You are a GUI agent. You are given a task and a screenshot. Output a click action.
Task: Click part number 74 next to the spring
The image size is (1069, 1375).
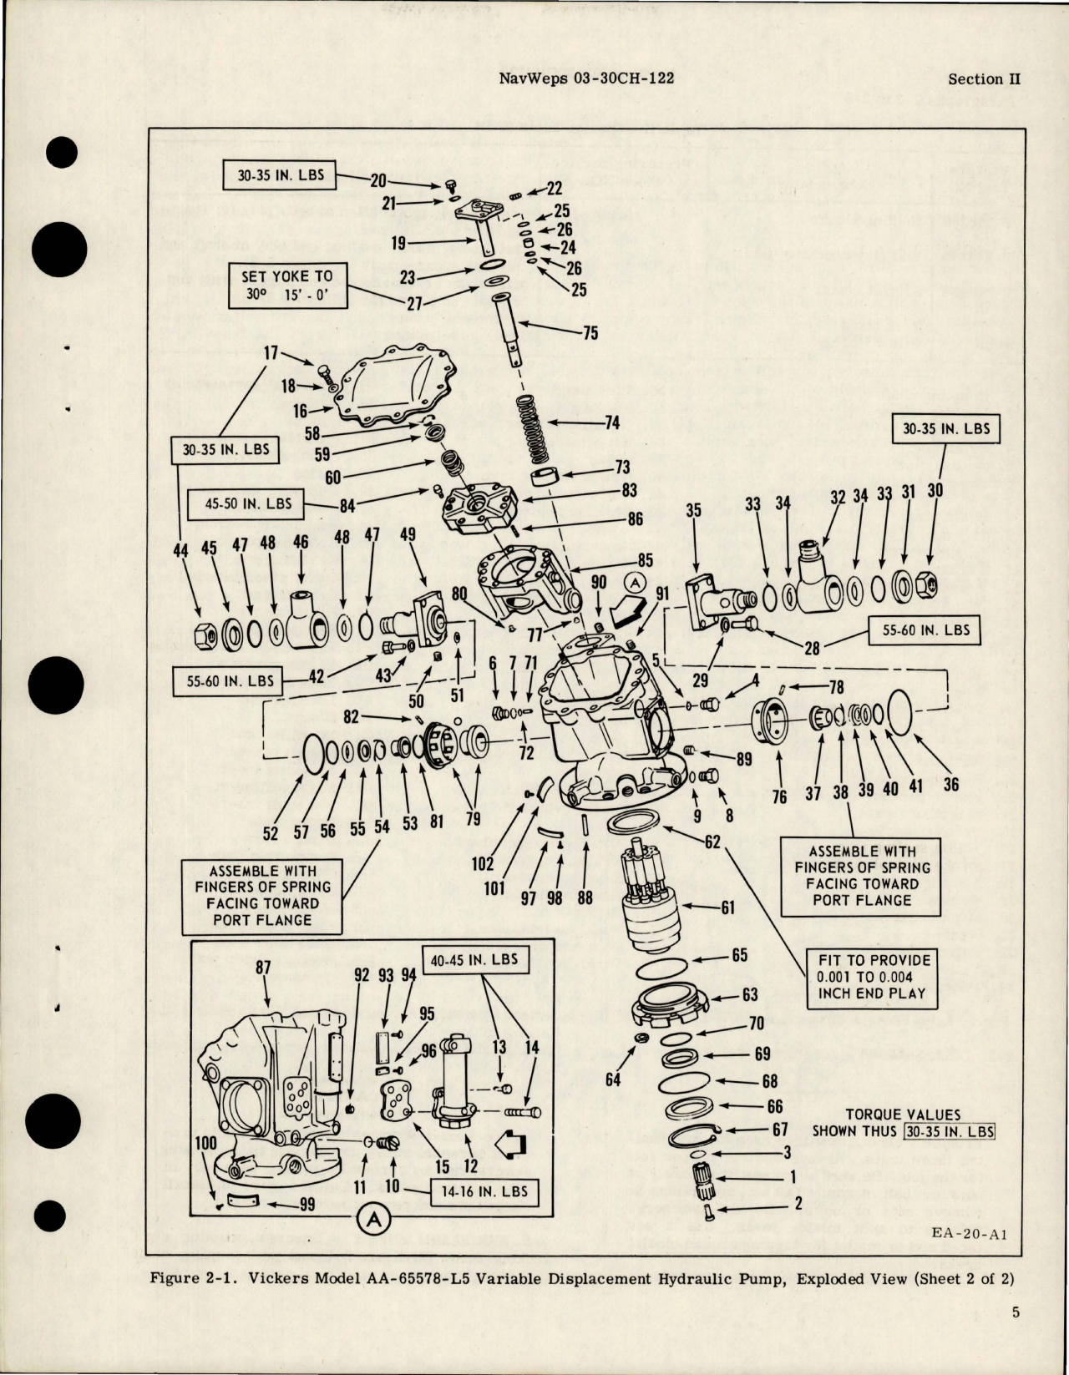tap(612, 423)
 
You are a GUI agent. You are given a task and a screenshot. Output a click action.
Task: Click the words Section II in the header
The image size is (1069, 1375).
tap(985, 79)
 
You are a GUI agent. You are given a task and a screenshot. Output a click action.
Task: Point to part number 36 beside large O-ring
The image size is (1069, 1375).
tap(951, 785)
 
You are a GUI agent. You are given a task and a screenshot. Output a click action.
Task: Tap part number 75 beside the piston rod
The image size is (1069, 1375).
tap(590, 332)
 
